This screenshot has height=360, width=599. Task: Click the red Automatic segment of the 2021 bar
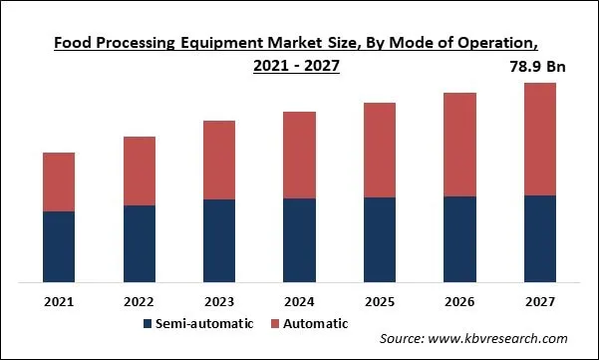(59, 181)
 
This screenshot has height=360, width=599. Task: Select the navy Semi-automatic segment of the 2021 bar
(59, 245)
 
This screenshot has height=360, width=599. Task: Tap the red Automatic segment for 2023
(219, 160)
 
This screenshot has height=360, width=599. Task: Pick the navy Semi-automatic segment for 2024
(299, 239)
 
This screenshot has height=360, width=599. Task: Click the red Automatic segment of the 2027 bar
(539, 139)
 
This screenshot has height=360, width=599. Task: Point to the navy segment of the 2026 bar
(459, 238)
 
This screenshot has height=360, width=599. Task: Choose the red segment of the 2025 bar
(380, 150)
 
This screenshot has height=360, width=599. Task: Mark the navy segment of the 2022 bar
(140, 242)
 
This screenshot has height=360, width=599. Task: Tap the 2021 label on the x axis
(59, 300)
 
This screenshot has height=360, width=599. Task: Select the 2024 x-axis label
(299, 300)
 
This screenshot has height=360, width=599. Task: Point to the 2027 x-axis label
(539, 300)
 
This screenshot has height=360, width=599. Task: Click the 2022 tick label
(140, 300)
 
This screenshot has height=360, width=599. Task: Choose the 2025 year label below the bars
(380, 300)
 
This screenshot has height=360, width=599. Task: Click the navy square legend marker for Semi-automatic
(149, 324)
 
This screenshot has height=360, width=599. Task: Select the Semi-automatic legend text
(206, 323)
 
